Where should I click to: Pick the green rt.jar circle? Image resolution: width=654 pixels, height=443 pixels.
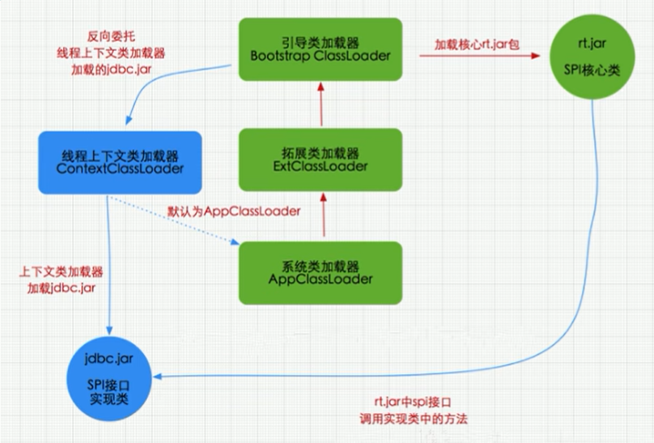coord(592,53)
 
